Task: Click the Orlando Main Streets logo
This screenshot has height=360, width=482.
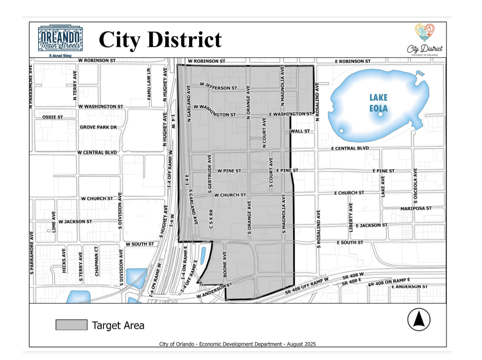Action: click(x=61, y=40)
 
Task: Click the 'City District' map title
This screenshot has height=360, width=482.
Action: click(x=160, y=40)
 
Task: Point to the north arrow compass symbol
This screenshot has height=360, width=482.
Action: click(x=418, y=320)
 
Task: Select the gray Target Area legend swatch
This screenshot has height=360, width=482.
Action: click(x=71, y=325)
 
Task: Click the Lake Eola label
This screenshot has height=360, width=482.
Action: click(x=378, y=103)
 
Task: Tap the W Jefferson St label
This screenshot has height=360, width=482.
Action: click(x=218, y=86)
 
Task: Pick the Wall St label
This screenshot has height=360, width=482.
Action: click(x=300, y=131)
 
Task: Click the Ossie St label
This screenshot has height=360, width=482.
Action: click(x=52, y=117)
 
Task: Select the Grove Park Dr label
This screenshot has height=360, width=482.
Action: click(x=98, y=127)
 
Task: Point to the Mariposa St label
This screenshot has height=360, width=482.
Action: click(x=416, y=208)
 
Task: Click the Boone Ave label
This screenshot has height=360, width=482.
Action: click(x=225, y=264)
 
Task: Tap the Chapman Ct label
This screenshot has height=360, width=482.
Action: click(x=97, y=261)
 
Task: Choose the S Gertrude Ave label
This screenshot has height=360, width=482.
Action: click(x=209, y=171)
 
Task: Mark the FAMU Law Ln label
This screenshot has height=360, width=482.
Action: click(x=149, y=84)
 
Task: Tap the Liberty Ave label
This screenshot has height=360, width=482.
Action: click(x=351, y=217)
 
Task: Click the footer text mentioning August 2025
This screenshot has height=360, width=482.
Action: click(x=237, y=344)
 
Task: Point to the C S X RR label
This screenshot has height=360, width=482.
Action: click(x=211, y=219)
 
